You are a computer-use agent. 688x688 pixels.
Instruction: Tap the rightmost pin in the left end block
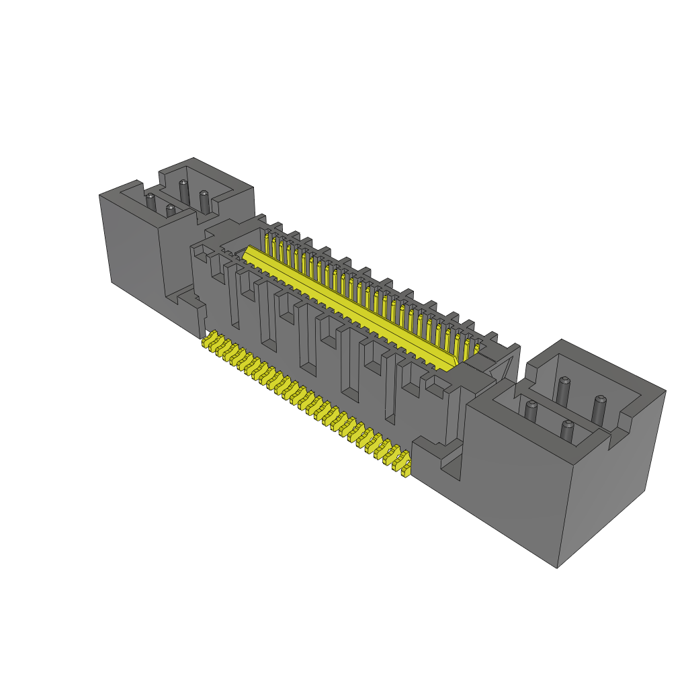204,200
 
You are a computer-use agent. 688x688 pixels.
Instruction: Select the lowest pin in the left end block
170,211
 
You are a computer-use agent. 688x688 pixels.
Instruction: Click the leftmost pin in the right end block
531,411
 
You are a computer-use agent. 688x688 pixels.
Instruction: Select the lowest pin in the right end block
568,431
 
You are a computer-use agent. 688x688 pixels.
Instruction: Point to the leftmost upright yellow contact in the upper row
268,243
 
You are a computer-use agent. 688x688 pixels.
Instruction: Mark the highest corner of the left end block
194,159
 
